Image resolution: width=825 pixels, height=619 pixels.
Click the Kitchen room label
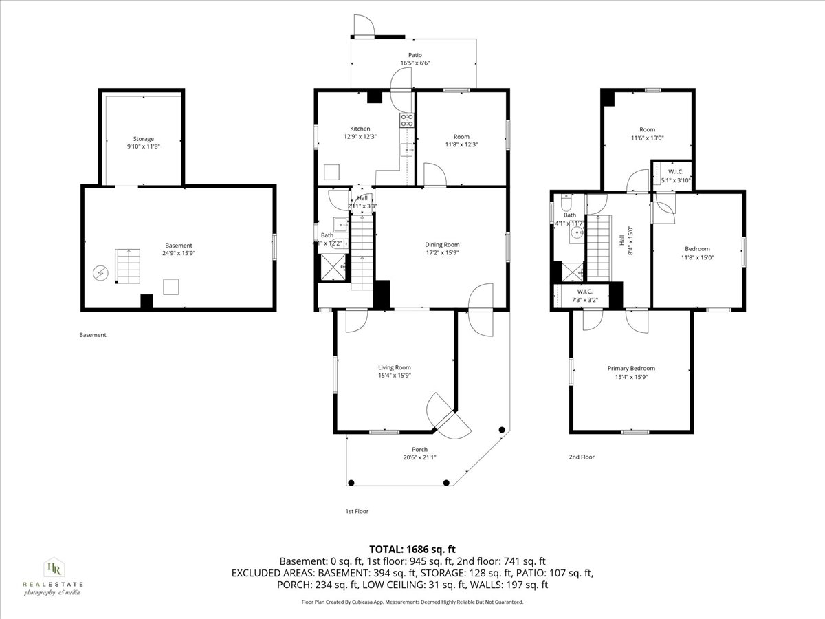tap(360, 129)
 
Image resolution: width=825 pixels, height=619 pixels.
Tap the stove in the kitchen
tap(406, 120)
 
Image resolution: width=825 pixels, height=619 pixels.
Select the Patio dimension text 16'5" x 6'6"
tap(415, 63)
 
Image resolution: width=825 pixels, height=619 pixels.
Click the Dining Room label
tap(442, 245)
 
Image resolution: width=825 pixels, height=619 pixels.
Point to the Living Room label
tap(394, 367)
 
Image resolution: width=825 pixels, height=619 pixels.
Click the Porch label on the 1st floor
tap(419, 449)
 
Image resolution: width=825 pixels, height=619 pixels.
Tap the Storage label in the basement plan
tap(144, 139)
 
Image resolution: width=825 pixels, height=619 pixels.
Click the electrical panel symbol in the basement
tap(101, 274)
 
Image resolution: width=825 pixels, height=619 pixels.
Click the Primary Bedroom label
tap(631, 368)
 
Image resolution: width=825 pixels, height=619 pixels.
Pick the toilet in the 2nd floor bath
tap(566, 203)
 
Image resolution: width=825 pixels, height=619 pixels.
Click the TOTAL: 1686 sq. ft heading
tap(412, 549)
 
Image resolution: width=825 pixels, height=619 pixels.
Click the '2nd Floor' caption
tap(581, 457)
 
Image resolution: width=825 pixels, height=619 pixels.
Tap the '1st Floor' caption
tap(357, 512)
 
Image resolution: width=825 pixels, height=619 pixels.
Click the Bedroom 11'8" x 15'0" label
tap(697, 249)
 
